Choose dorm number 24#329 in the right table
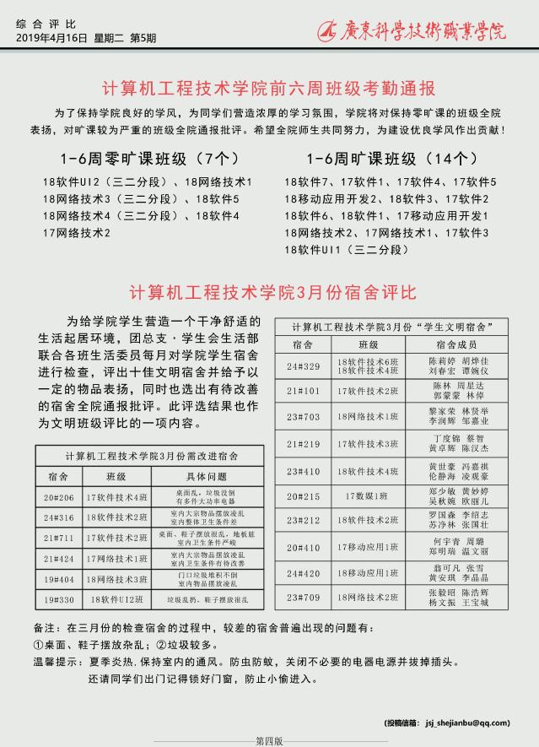[x=304, y=366]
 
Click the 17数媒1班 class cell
[x=368, y=497]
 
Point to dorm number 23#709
[x=304, y=598]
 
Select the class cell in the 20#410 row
[x=368, y=547]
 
